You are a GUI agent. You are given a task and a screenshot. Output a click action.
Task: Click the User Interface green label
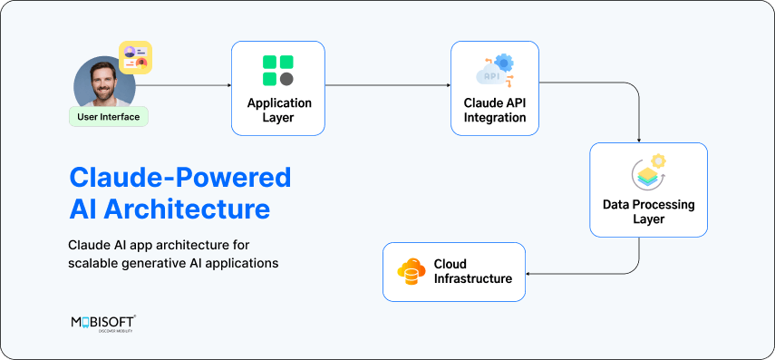point(108,116)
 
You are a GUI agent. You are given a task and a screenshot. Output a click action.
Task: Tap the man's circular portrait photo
point(104,83)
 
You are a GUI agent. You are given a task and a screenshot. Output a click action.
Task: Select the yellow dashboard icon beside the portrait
point(135,57)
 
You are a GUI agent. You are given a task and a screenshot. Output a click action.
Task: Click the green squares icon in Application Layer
point(277,71)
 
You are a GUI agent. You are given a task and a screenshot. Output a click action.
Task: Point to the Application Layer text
point(278,111)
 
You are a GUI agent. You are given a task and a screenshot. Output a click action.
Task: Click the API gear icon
point(495,70)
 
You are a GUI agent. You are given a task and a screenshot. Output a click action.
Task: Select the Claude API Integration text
point(495,111)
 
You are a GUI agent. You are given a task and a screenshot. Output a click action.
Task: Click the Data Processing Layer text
point(648,212)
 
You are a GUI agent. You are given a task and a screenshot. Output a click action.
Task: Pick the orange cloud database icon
point(412,271)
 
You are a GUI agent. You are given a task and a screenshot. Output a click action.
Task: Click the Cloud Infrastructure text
point(472,271)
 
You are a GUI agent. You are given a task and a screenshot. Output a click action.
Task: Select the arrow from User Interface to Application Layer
point(186,86)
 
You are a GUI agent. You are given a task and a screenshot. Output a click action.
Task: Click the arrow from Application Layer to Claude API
point(387,86)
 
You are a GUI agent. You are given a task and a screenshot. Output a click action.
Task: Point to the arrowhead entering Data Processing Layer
point(641,139)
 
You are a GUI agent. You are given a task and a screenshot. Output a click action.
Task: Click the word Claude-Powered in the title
point(180,176)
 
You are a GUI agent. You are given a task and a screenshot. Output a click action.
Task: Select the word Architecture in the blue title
point(186,209)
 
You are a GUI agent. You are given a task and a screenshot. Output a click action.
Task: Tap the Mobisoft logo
point(103,324)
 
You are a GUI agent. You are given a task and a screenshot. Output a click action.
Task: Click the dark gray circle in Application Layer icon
point(286,79)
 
